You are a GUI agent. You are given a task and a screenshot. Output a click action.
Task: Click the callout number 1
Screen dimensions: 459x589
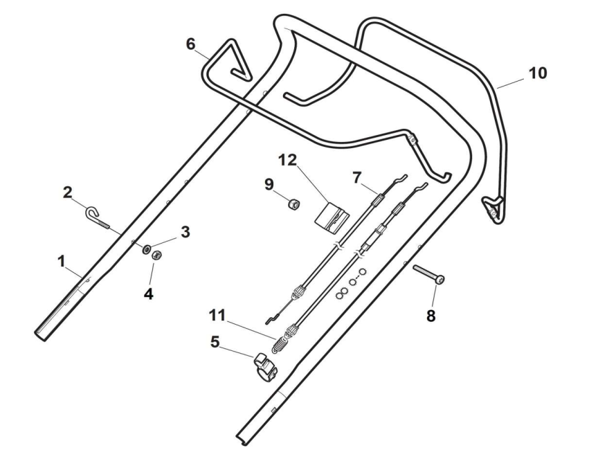coord(61,262)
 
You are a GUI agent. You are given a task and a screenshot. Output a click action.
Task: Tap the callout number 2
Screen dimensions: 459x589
coord(68,192)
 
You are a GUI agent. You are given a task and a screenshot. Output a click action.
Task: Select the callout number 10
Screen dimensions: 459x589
coord(537,72)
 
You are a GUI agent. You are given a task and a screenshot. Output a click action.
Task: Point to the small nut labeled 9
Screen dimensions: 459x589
coord(293,204)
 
